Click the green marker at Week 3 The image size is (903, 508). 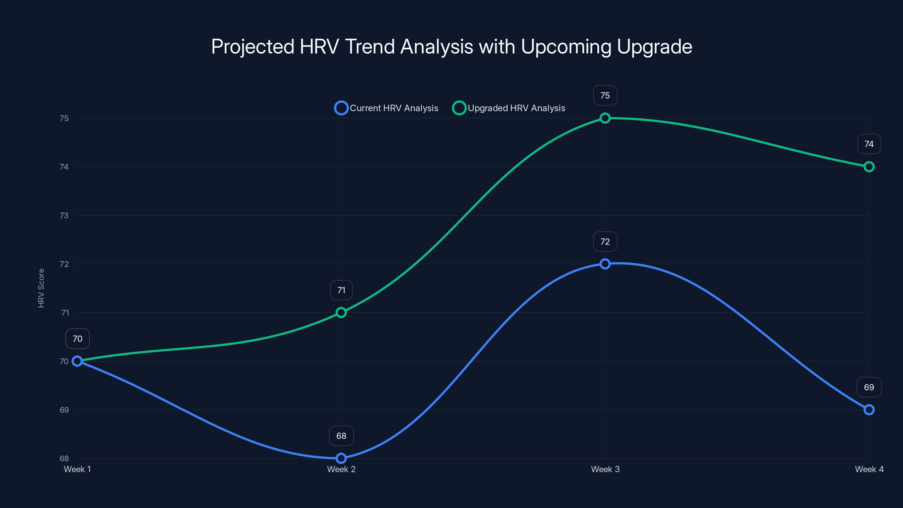605,118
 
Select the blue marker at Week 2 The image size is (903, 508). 341,458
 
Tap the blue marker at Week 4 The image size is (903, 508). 869,410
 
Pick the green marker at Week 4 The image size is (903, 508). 869,167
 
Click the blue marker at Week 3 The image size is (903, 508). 605,264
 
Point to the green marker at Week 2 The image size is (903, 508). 341,312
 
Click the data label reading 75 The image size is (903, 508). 605,95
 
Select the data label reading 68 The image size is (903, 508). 341,436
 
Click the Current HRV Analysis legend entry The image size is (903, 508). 387,108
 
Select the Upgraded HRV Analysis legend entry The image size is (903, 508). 509,108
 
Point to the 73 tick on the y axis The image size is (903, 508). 64,216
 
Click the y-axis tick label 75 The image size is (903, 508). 64,119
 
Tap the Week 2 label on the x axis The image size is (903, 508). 341,469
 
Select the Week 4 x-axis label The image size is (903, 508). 869,469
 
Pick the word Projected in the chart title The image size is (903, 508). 252,47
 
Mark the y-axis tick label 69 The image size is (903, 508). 64,410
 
